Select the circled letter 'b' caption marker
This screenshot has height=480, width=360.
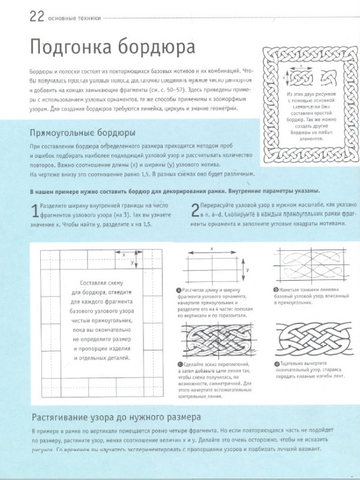pyautogui.click(x=276, y=290)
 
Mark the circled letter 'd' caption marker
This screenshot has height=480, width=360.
pyautogui.click(x=276, y=364)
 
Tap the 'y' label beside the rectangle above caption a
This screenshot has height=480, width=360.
pyautogui.click(x=248, y=271)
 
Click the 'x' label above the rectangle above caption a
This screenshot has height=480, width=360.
pyautogui.click(x=212, y=248)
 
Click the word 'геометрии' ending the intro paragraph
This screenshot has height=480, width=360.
pyautogui.click(x=205, y=109)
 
